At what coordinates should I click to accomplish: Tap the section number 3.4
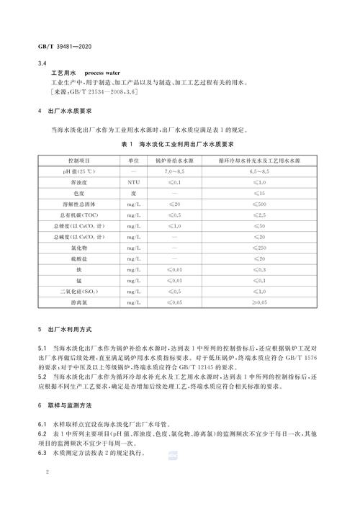pyautogui.click(x=41, y=63)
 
